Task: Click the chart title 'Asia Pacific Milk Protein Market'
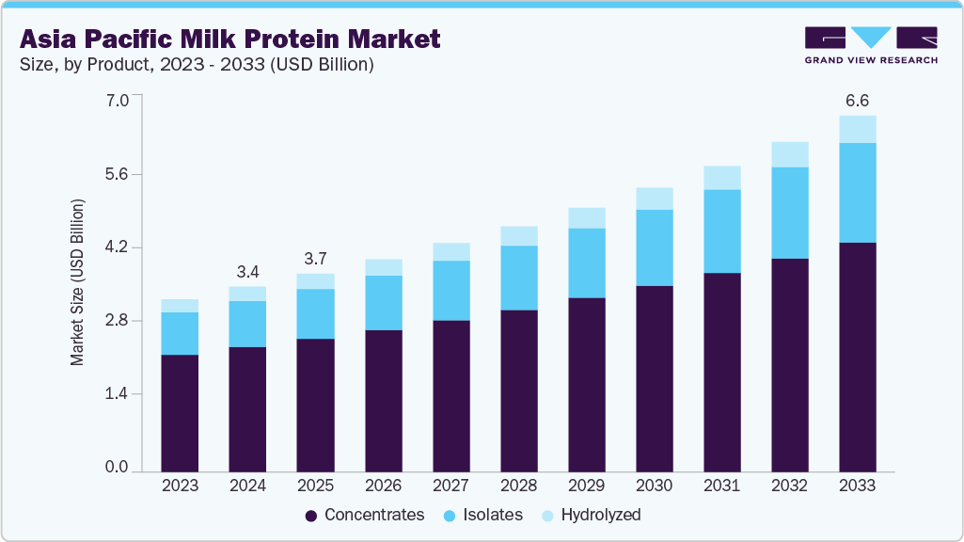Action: tap(229, 40)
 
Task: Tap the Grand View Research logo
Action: tap(870, 45)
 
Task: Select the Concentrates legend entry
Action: tap(366, 515)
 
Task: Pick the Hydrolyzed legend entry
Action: tap(592, 515)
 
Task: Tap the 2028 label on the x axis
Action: tap(518, 486)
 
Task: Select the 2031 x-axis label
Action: tap(722, 486)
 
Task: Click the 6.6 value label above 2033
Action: tap(857, 101)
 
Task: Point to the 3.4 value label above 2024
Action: tap(247, 272)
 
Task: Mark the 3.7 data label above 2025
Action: tap(315, 259)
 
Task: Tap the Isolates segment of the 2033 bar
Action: tap(857, 193)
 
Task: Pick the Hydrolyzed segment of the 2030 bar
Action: tap(654, 199)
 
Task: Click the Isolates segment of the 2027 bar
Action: tap(450, 291)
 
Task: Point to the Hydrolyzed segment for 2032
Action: tap(789, 154)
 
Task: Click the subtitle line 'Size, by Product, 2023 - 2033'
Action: tap(197, 65)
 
